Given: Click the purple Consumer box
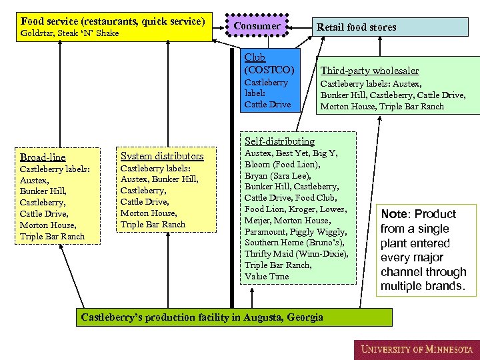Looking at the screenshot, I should (257, 26).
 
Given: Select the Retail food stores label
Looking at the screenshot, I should (356, 27).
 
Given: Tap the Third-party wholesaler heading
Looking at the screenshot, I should (369, 71).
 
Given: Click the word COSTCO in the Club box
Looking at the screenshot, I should (269, 69).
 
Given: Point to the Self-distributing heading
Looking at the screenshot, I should (279, 141).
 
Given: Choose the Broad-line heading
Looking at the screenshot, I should (43, 157).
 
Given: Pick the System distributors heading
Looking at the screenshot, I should (162, 156).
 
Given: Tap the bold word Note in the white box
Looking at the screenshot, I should (393, 214).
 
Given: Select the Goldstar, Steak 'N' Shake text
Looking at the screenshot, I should (70, 33).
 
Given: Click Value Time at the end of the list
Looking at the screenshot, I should (267, 276).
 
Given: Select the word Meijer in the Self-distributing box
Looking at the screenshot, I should (257, 220).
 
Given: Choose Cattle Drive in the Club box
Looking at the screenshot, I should (267, 104).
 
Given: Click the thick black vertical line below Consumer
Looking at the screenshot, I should (232, 200).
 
